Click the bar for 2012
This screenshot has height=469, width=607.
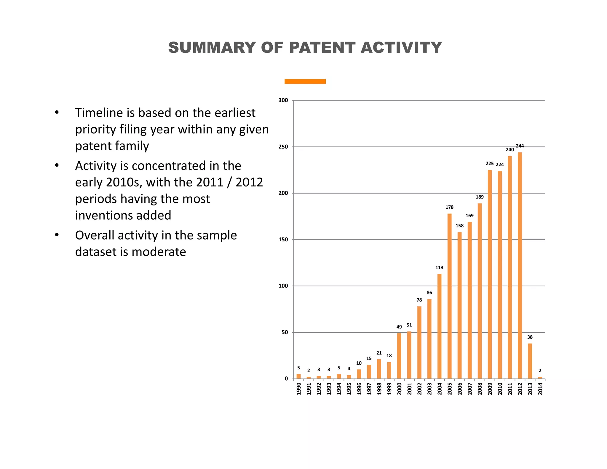pyautogui.click(x=520, y=265)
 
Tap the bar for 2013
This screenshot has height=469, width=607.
pyautogui.click(x=530, y=361)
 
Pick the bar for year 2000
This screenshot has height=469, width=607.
pyautogui.click(x=399, y=356)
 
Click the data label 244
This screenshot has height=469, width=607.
pyautogui.click(x=520, y=146)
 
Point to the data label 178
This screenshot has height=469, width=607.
pyautogui.click(x=449, y=207)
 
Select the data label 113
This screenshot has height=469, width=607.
pyautogui.click(x=439, y=268)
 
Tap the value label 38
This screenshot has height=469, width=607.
pyautogui.click(x=530, y=337)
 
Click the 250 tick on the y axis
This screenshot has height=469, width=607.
pyautogui.click(x=283, y=147)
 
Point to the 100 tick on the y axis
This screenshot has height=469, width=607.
pyautogui.click(x=283, y=286)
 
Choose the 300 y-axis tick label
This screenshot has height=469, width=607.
pyautogui.click(x=283, y=100)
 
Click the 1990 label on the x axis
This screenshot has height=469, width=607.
pyautogui.click(x=299, y=388)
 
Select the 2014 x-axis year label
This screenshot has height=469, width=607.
pyautogui.click(x=540, y=388)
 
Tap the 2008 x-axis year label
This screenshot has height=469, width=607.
pyautogui.click(x=480, y=388)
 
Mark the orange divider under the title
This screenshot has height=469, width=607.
pyautogui.click(x=305, y=82)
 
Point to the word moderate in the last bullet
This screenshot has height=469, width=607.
pyautogui.click(x=159, y=252)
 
